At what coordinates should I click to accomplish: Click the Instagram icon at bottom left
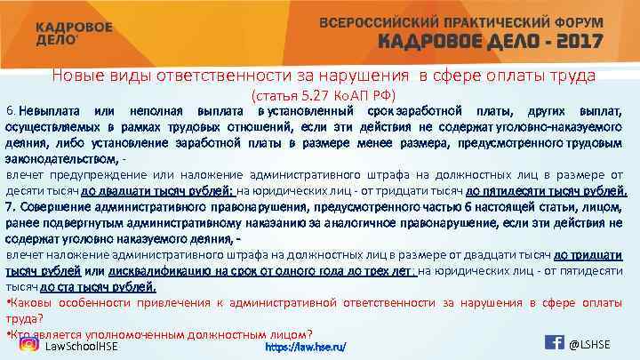click(x=29, y=345)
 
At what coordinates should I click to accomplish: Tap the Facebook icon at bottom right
click(x=553, y=344)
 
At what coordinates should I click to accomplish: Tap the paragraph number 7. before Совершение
click(x=12, y=206)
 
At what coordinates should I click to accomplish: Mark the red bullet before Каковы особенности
click(x=8, y=302)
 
